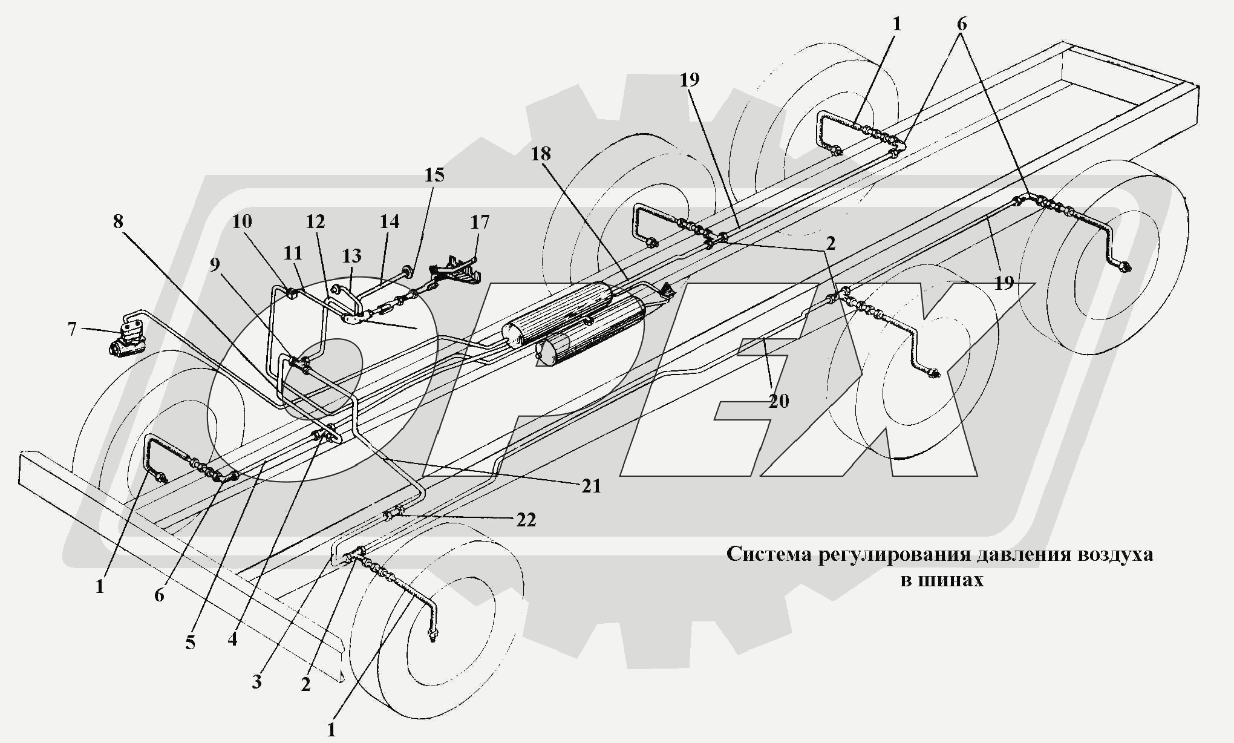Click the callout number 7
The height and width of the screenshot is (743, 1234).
(x=72, y=330)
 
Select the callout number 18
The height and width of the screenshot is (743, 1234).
(x=541, y=154)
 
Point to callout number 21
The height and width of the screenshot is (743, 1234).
(x=591, y=485)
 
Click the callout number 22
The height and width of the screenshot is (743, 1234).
(x=526, y=520)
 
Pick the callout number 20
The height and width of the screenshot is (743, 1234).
(x=779, y=401)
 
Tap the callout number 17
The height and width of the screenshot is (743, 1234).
(x=480, y=222)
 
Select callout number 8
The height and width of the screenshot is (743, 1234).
(x=118, y=221)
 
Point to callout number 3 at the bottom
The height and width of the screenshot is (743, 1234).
(x=256, y=681)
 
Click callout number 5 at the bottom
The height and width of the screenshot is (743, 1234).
(x=190, y=643)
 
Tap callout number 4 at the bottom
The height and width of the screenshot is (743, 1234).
(x=232, y=639)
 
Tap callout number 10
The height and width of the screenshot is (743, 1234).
(x=241, y=221)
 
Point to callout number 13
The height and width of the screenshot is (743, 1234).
(x=351, y=256)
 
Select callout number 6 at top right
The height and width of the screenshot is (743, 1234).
(x=961, y=24)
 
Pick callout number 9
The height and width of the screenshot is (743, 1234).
(x=215, y=266)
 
